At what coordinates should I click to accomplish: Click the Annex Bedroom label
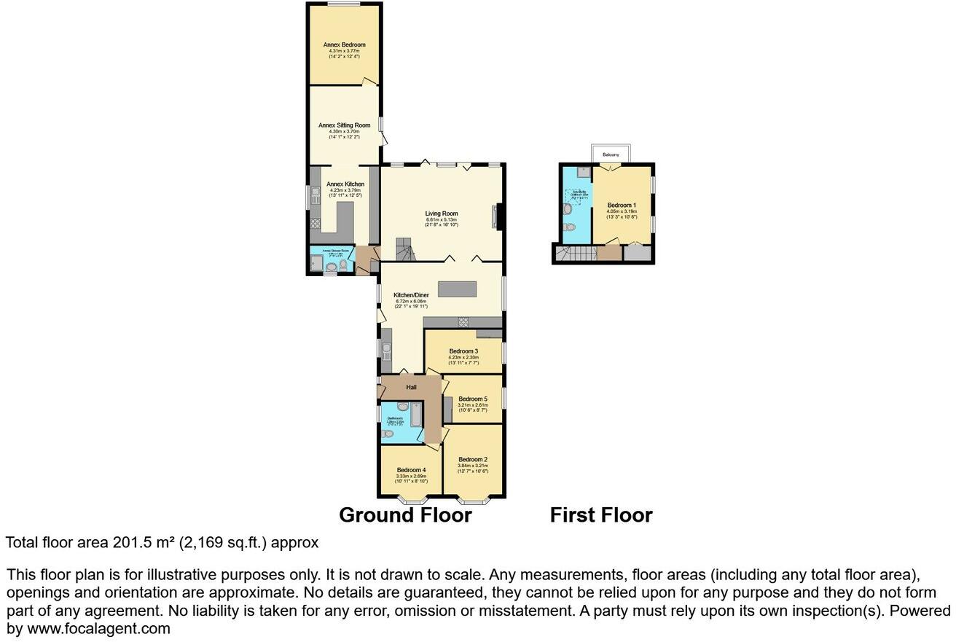[344, 44]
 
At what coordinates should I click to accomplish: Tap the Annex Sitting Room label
[344, 125]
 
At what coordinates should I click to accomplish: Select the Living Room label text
[442, 214]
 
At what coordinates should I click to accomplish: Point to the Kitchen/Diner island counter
[457, 289]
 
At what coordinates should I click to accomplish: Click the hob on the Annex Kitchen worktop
[316, 224]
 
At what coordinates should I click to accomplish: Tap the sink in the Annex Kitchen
[315, 195]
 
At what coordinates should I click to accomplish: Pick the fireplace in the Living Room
[497, 217]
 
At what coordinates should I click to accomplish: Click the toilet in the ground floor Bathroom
[388, 434]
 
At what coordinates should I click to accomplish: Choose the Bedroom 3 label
[463, 351]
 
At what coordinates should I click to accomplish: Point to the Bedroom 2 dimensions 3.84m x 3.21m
[473, 466]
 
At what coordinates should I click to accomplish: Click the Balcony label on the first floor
[611, 155]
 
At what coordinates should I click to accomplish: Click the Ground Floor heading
[405, 515]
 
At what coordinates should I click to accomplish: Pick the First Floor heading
[601, 515]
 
